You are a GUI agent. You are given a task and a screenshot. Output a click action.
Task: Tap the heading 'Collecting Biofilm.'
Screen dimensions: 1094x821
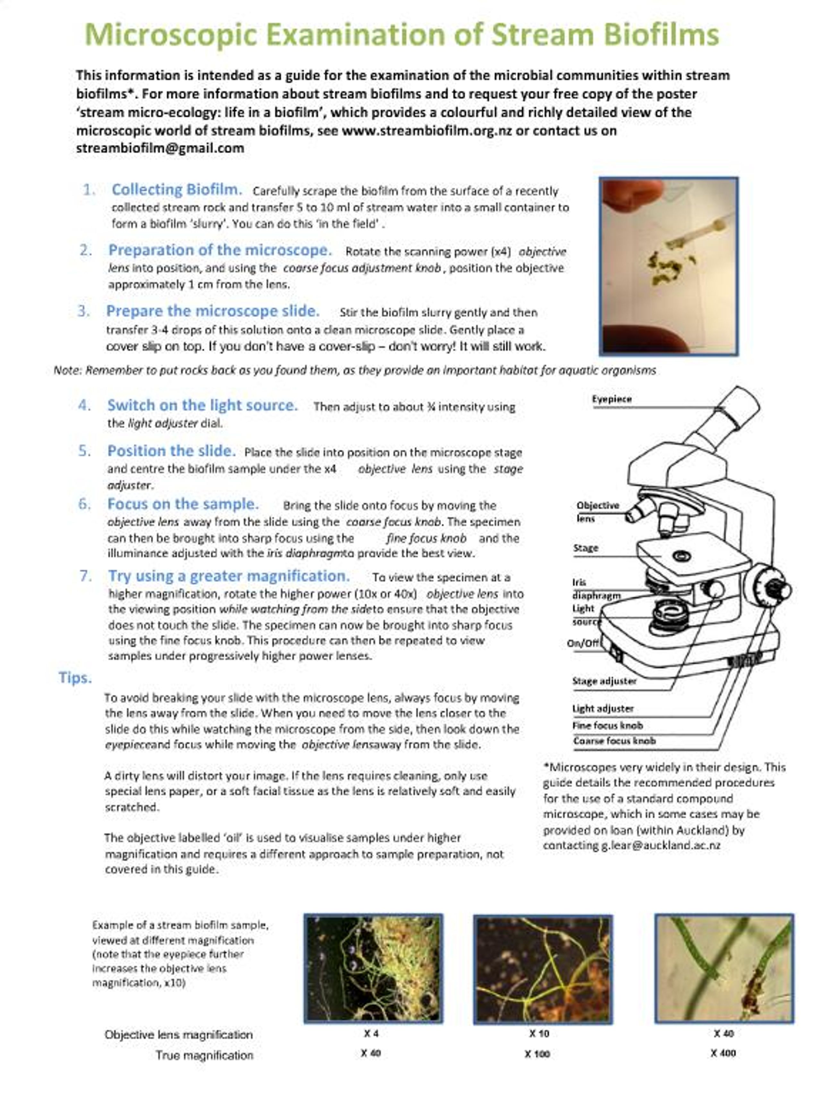coord(177,189)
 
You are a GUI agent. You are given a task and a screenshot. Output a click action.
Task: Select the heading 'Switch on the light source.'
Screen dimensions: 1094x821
coord(202,405)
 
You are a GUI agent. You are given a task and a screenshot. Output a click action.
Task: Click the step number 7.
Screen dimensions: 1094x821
coord(86,576)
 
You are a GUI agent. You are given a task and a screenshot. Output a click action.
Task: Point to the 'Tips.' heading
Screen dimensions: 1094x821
coord(75,678)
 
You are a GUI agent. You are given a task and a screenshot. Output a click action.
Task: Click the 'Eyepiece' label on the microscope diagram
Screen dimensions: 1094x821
coord(612,399)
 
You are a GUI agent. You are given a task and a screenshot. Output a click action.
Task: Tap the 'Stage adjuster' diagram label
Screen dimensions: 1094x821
coord(604,681)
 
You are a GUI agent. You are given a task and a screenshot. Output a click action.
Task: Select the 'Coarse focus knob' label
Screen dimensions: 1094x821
coord(614,741)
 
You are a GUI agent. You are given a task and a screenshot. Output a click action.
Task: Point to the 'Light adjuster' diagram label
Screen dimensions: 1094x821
coord(603,709)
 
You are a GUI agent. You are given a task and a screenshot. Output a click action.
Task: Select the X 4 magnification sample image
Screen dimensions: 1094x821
coord(373,968)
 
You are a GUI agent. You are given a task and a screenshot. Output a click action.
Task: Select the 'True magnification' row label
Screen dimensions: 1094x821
coord(204,1056)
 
